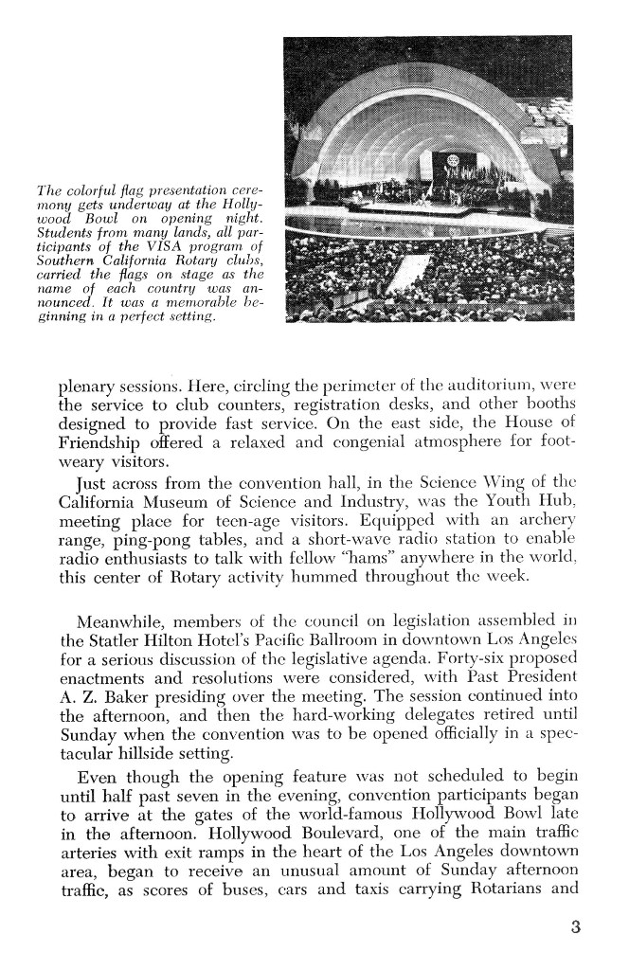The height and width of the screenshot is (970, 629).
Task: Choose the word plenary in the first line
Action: point(88,385)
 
